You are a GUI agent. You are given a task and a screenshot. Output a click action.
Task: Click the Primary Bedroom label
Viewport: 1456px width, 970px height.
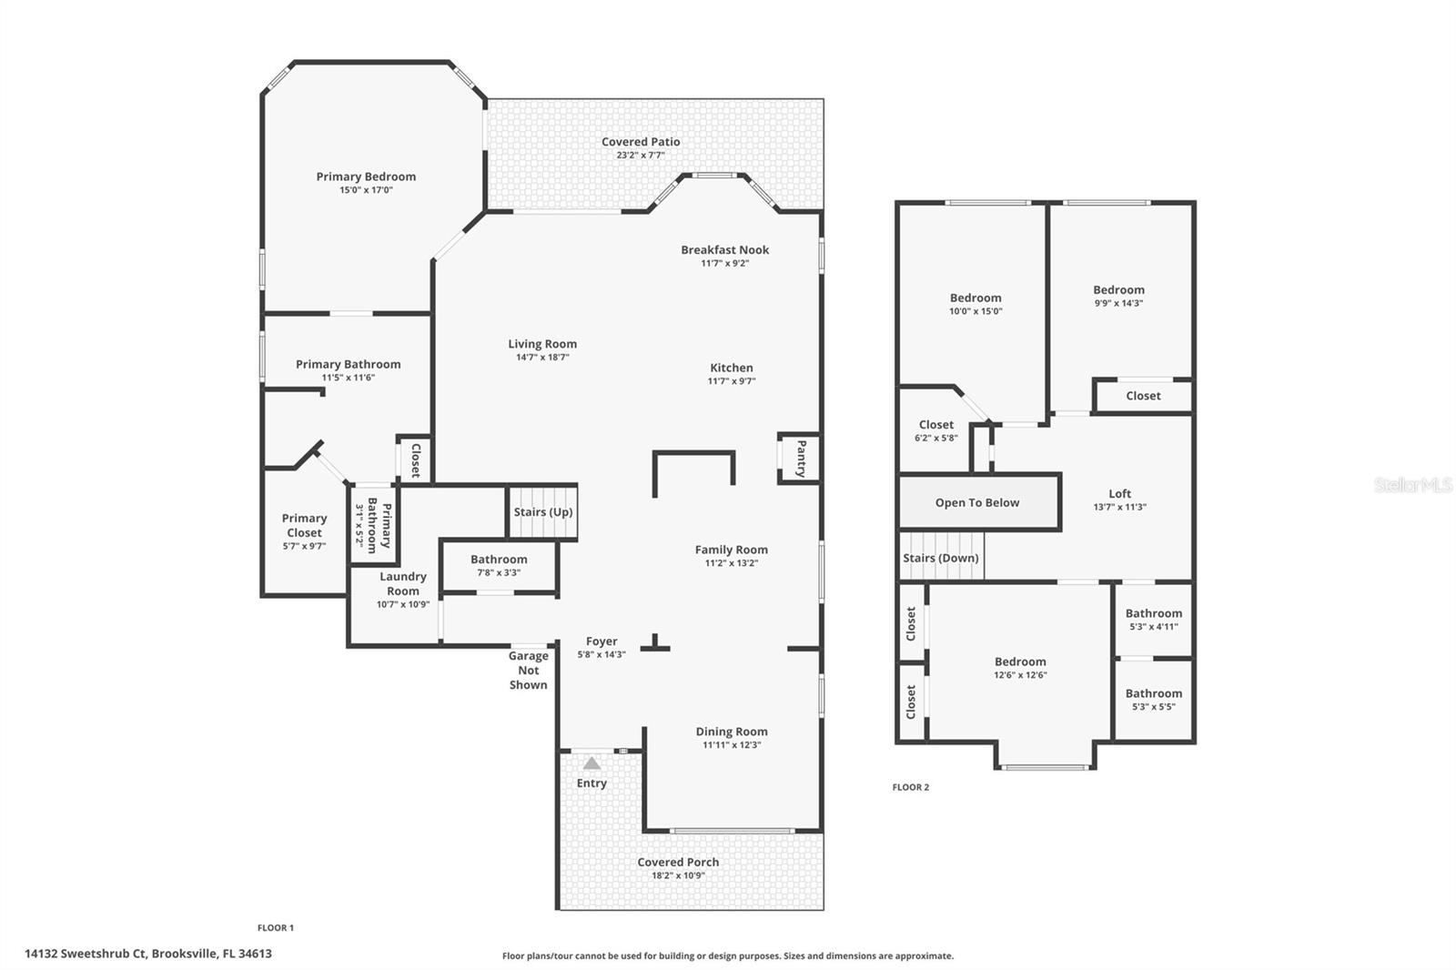366,177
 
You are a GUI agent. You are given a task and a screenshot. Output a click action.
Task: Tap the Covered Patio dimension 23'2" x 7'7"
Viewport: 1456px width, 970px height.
641,156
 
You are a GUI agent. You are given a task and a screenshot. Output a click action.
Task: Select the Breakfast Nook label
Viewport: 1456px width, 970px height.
724,249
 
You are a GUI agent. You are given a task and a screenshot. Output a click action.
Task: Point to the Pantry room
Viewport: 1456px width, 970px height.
800,459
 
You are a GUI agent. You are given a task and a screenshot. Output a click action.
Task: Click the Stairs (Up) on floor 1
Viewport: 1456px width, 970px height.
542,511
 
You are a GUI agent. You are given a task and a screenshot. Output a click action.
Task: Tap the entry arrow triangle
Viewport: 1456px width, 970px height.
591,763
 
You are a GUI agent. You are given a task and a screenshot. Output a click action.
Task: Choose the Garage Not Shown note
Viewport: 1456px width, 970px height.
529,671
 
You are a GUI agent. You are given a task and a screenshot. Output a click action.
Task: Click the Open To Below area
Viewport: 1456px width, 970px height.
977,502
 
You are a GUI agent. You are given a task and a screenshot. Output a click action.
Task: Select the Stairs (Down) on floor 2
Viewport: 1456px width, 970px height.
941,557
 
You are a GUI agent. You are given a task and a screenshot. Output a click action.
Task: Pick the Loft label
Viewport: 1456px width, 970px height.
1120,494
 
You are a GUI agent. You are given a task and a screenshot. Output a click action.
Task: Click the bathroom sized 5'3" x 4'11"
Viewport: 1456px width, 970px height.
1154,620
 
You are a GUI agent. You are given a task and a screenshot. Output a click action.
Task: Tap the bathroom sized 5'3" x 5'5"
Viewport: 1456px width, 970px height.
1154,700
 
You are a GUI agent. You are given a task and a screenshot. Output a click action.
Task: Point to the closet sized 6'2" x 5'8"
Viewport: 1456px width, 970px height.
936,430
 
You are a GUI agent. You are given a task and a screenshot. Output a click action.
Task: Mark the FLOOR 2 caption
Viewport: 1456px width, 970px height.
911,787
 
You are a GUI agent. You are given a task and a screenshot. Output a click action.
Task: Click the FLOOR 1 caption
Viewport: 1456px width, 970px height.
276,928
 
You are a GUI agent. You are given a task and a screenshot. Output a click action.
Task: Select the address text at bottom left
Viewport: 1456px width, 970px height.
148,954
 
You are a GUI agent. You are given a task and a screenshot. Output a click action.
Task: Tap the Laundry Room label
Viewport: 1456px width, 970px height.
403,584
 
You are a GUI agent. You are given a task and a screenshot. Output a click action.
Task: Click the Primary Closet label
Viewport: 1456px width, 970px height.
304,525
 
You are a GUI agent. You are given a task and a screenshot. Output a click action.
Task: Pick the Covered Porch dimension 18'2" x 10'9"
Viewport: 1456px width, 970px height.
678,875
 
